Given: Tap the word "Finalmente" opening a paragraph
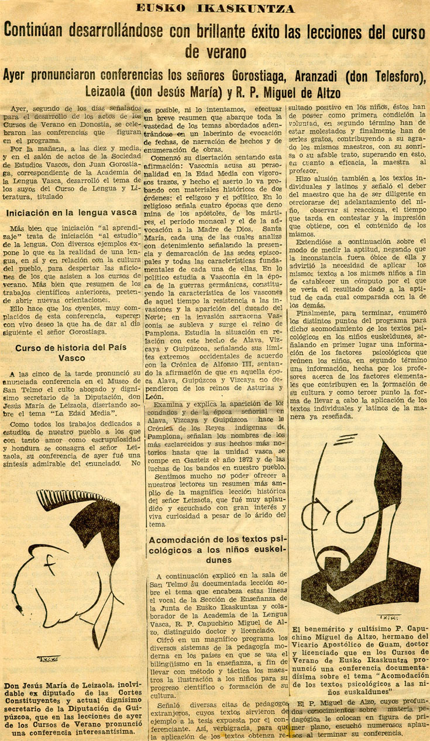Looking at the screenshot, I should [x=319, y=313].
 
